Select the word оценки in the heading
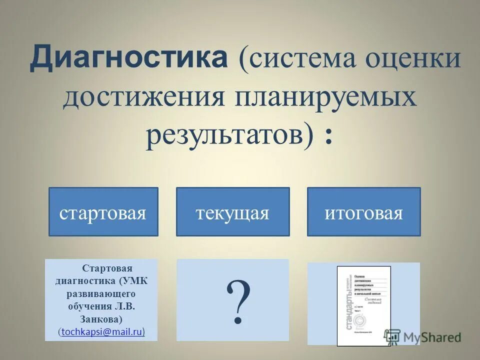(413, 59)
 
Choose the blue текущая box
(232, 212)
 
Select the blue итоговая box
(363, 212)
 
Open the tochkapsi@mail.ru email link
(102, 331)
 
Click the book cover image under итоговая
(363, 305)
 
